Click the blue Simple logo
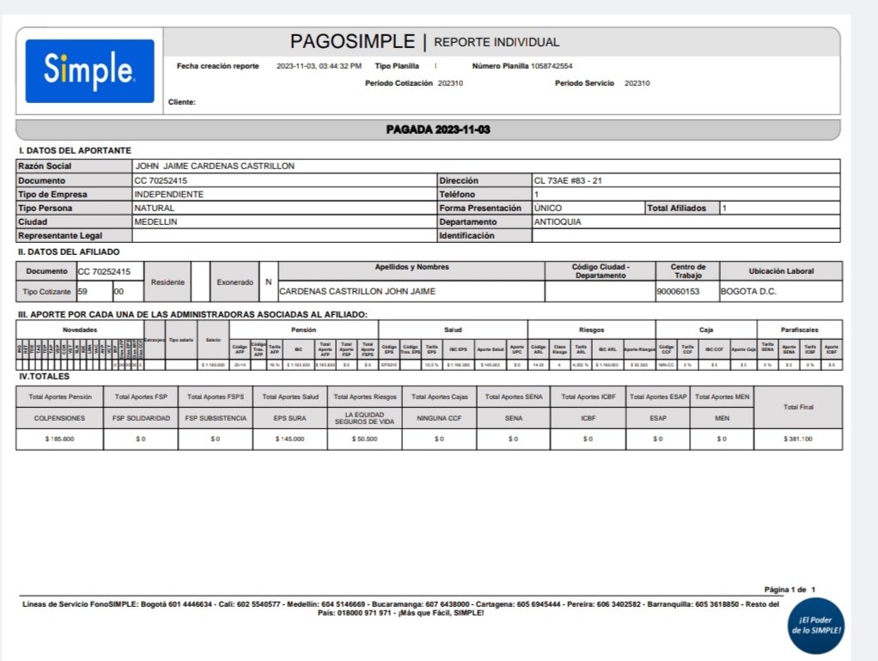click(89, 70)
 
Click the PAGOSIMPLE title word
click(352, 41)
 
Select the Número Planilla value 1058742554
click(552, 66)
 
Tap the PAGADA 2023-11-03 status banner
click(438, 130)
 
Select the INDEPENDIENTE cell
click(169, 194)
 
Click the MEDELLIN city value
click(155, 221)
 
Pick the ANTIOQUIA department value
click(558, 221)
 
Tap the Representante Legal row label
click(60, 235)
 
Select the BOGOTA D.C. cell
click(748, 292)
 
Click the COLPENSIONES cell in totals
click(58, 418)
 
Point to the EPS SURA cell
click(290, 418)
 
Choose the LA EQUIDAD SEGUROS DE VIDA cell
click(364, 418)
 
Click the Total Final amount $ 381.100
click(798, 439)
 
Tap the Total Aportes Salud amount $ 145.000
click(290, 439)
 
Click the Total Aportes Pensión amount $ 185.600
click(58, 439)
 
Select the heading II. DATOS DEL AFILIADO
click(70, 252)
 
